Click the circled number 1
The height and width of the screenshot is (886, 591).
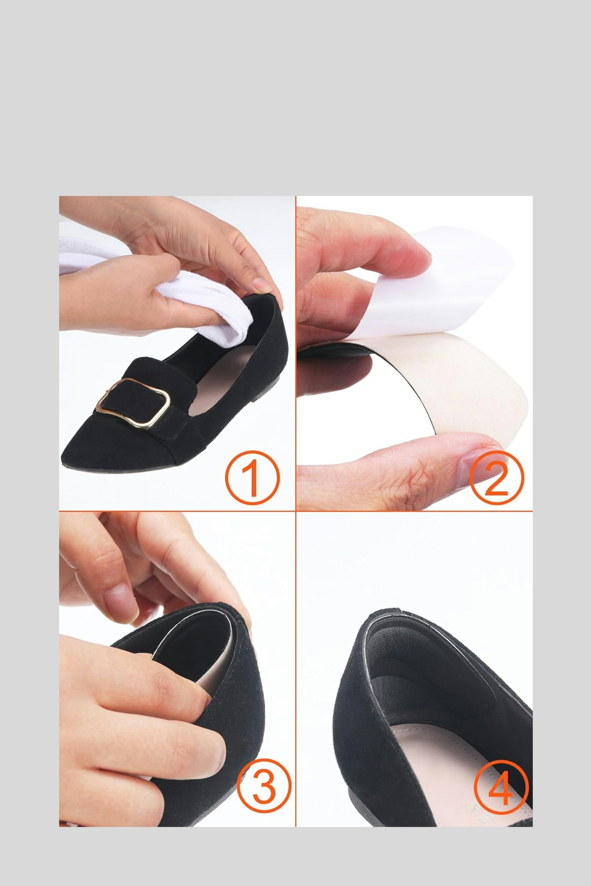[x=252, y=478]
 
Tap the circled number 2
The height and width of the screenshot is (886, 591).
[x=496, y=478]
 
